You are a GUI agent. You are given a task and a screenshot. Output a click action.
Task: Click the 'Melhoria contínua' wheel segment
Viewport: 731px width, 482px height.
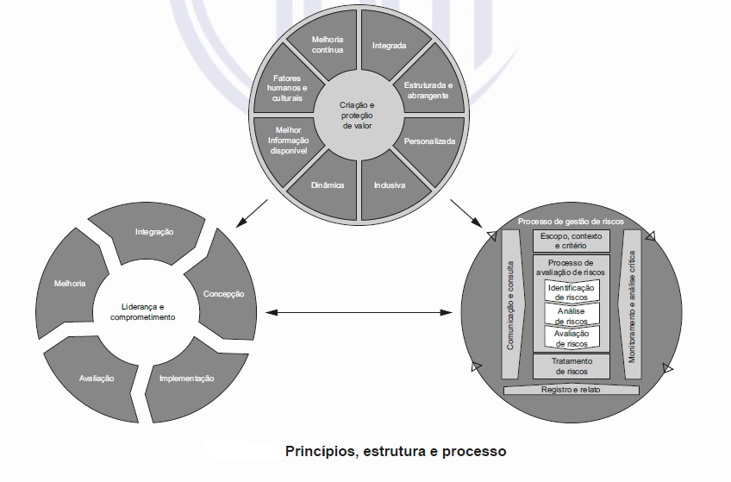pos(328,44)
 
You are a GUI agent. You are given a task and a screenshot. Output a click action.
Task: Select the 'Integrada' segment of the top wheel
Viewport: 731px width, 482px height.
pos(389,45)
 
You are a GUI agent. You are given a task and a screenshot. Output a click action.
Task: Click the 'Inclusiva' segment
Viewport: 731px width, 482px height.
pos(390,185)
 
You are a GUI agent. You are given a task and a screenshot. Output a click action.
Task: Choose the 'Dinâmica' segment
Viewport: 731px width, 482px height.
pos(328,185)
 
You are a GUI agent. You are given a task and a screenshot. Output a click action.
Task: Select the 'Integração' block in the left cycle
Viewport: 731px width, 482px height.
pos(154,232)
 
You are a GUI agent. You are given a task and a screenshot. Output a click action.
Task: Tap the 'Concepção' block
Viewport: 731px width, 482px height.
pos(222,293)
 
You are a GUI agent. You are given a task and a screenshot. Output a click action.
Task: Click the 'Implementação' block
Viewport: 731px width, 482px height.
pos(186,379)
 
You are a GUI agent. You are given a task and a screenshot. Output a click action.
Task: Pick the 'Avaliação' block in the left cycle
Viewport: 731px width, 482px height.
pos(97,379)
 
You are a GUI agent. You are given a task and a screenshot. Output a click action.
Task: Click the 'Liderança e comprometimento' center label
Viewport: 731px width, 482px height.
pos(142,312)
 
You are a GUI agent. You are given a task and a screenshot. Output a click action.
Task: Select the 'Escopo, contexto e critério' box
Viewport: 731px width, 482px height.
pos(571,241)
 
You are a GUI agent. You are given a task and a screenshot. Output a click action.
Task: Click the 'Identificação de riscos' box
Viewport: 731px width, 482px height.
pos(571,291)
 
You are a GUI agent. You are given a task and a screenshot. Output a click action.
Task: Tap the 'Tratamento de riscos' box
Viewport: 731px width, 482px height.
pos(571,366)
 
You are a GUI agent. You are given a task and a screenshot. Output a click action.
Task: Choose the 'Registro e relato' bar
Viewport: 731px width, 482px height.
pos(571,390)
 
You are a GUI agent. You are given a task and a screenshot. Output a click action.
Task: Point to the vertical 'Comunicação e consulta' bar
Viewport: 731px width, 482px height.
pos(511,304)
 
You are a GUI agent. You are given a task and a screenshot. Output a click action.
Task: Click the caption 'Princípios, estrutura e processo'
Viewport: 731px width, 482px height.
pos(396,451)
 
